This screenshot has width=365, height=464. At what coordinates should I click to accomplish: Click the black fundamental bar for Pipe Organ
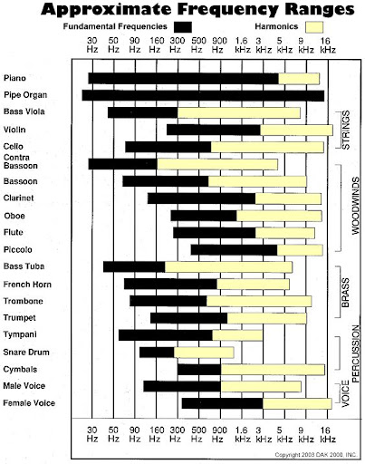coord(203,95)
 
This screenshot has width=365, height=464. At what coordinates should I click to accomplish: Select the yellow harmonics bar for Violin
coord(296,130)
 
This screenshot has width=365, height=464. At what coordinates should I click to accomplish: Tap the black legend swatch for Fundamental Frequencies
coord(183,27)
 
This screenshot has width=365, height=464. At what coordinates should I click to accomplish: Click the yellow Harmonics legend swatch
coord(314,27)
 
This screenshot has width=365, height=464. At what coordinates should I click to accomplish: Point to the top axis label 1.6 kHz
coord(242,44)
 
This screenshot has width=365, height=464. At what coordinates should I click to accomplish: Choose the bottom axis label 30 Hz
coord(92,434)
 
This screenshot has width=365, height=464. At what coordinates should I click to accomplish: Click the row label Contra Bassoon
coord(21,161)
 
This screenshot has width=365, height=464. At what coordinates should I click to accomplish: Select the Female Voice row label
coord(29,403)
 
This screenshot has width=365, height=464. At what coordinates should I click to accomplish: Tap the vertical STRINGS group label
coord(346,130)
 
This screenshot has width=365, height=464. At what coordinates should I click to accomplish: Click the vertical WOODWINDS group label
coord(356,206)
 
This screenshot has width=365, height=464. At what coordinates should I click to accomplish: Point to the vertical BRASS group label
coord(345,293)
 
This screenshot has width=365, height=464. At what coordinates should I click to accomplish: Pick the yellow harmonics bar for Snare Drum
coord(204,353)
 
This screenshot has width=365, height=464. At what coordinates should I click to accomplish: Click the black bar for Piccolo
coord(234,250)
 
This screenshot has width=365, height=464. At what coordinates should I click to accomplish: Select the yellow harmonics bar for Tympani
coord(237,335)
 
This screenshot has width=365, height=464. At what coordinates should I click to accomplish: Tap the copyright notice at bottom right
coord(316,454)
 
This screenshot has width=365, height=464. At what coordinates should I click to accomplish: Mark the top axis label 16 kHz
coord(328,44)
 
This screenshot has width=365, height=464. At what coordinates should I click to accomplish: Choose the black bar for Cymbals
coord(199,370)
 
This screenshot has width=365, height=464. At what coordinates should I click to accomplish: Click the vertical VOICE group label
coord(345,393)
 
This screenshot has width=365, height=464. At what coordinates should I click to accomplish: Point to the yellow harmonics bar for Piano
coord(299,79)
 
